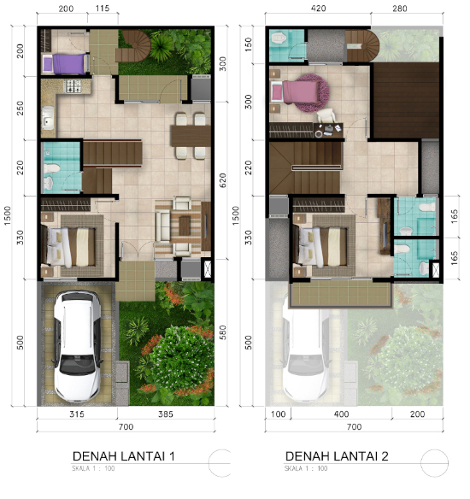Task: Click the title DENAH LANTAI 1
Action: point(124,456)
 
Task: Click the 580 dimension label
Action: point(224,331)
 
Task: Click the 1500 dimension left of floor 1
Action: point(7,213)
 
